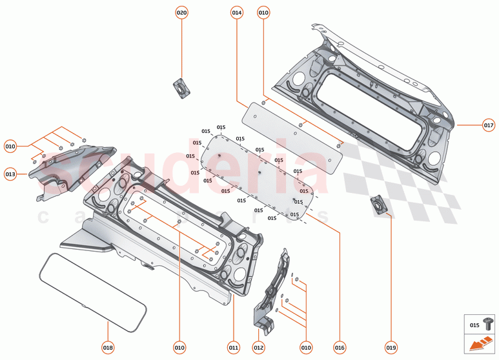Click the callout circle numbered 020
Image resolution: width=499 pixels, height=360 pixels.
click(x=182, y=13)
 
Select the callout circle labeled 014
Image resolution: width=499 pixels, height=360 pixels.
click(x=236, y=13)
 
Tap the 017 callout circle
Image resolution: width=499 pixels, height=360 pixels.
click(x=488, y=125)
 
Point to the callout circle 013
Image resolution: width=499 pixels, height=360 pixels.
click(x=10, y=174)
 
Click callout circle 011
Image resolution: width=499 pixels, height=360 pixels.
click(x=234, y=347)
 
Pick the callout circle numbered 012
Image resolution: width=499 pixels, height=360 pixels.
click(x=258, y=347)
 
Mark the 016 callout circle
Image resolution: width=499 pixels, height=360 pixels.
click(x=340, y=347)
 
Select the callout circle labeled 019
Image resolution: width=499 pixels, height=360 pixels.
click(x=391, y=347)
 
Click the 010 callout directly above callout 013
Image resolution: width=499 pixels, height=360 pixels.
click(x=10, y=146)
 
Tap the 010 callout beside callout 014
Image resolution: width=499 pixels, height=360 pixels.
click(x=263, y=13)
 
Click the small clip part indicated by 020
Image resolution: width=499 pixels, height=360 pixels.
click(x=181, y=87)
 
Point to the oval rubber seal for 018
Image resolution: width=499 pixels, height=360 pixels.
click(x=85, y=284)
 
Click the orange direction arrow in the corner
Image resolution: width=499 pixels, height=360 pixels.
click(x=478, y=345)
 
